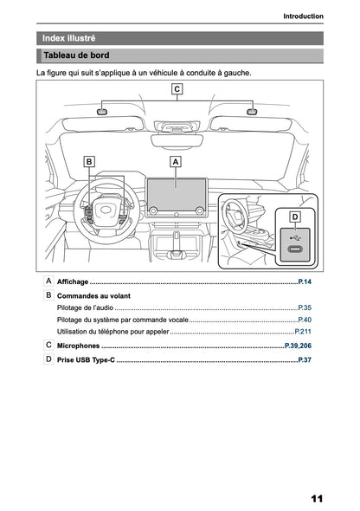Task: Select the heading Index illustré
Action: (69, 38)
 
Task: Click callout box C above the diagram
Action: (177, 89)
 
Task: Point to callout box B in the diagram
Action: (89, 161)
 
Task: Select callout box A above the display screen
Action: (177, 161)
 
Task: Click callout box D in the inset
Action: (294, 216)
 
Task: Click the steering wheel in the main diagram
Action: (106, 213)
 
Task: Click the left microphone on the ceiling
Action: (102, 111)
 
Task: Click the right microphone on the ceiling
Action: (252, 111)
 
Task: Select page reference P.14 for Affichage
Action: (305, 282)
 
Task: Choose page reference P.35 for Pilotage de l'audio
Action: (305, 307)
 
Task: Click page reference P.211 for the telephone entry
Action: (303, 332)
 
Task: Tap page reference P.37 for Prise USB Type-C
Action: (305, 359)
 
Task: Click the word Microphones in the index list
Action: (78, 346)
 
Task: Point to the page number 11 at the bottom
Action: (316, 499)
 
